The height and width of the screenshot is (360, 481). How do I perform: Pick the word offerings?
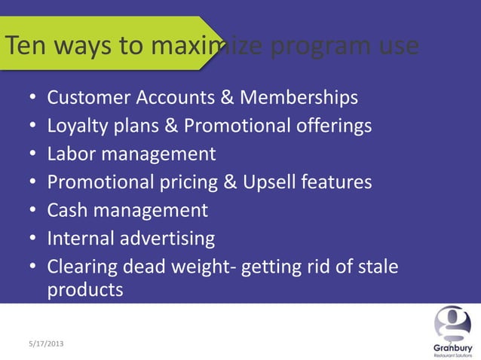331,126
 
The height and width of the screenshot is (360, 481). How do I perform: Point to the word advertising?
168,239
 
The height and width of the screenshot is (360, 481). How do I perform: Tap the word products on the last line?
85,289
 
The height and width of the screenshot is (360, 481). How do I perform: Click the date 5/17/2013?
41,343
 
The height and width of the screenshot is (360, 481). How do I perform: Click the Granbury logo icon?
452,324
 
